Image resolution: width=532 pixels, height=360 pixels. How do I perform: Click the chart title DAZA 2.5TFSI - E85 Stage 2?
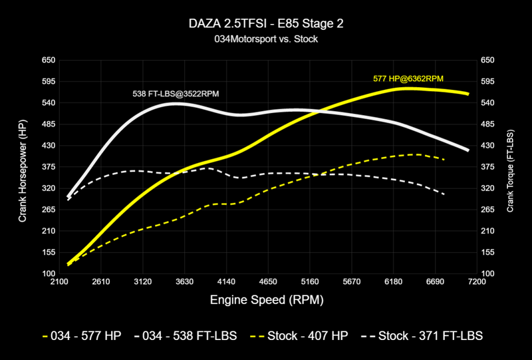(267, 24)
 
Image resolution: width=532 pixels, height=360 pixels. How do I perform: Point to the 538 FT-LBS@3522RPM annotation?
(176, 94)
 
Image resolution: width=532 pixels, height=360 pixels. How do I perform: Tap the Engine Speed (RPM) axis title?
(267, 300)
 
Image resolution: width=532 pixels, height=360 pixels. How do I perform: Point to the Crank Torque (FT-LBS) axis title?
(510, 166)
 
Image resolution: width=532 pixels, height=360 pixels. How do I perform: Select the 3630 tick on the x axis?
(184, 282)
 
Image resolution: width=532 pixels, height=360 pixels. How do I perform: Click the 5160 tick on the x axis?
(310, 282)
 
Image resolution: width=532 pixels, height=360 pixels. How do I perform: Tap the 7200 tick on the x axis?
(477, 282)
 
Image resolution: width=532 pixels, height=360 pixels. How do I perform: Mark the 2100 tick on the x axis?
(59, 282)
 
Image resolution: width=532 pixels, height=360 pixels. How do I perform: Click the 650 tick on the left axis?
(48, 60)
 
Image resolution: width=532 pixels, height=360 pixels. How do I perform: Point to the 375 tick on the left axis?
(48, 167)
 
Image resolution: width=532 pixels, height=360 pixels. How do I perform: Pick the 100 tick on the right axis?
(487, 273)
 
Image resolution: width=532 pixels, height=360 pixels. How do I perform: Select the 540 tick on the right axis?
(487, 102)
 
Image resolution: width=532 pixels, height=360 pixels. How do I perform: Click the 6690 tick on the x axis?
(435, 282)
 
